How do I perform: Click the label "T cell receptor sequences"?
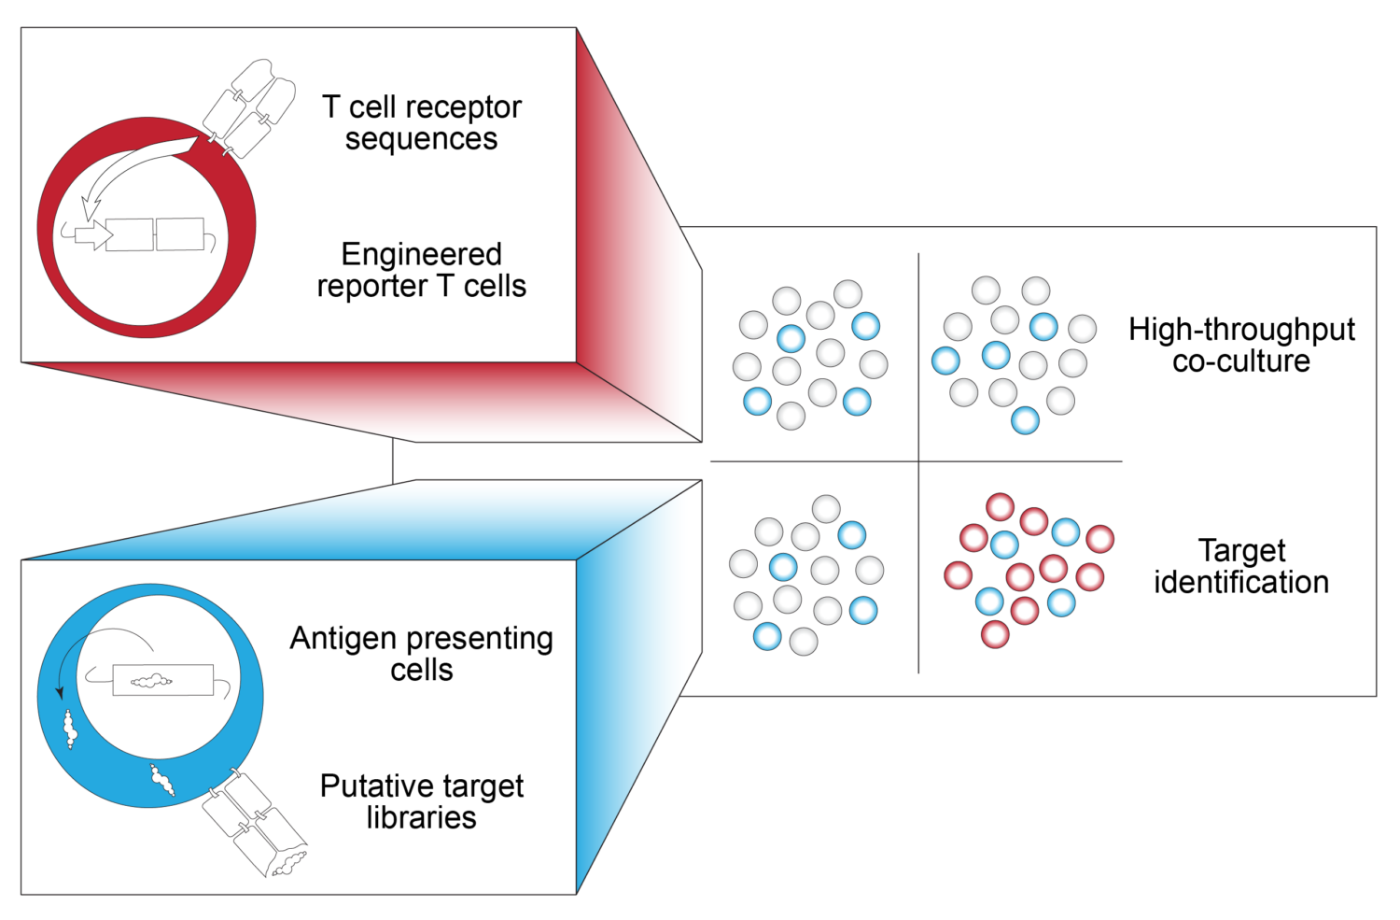(422, 122)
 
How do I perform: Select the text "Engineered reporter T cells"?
(422, 270)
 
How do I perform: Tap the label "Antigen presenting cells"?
(422, 654)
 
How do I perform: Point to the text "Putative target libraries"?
(422, 801)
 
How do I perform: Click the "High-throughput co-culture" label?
(1241, 345)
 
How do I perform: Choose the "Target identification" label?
(1241, 566)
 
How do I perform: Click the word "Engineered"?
(422, 254)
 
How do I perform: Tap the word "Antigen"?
(342, 639)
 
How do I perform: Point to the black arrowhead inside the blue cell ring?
(61, 693)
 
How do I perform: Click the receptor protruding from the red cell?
(247, 107)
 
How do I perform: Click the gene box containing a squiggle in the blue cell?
(163, 680)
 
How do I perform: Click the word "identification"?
(1241, 583)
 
